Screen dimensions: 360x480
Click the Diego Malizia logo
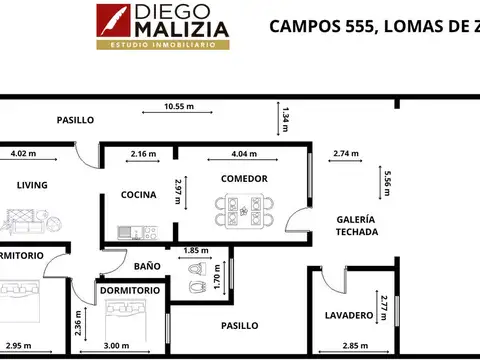pyautogui.click(x=162, y=26)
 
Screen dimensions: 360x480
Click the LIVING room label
pyautogui.click(x=32, y=185)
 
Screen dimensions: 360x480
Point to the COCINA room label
pyautogui.click(x=137, y=194)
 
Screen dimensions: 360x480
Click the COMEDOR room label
pyautogui.click(x=244, y=178)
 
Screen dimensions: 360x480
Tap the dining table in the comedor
pyautogui.click(x=244, y=211)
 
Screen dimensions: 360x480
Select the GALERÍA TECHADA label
pyautogui.click(x=355, y=224)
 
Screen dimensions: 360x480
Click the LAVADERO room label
pyautogui.click(x=349, y=315)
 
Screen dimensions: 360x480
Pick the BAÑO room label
pyautogui.click(x=147, y=266)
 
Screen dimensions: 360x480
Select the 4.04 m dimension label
pyautogui.click(x=244, y=154)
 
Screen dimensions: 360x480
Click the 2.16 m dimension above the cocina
pyautogui.click(x=144, y=154)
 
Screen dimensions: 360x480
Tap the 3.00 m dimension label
pyautogui.click(x=117, y=346)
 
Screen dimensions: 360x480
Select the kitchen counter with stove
pyautogui.click(x=138, y=233)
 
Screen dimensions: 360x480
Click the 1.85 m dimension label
pyautogui.click(x=196, y=250)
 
